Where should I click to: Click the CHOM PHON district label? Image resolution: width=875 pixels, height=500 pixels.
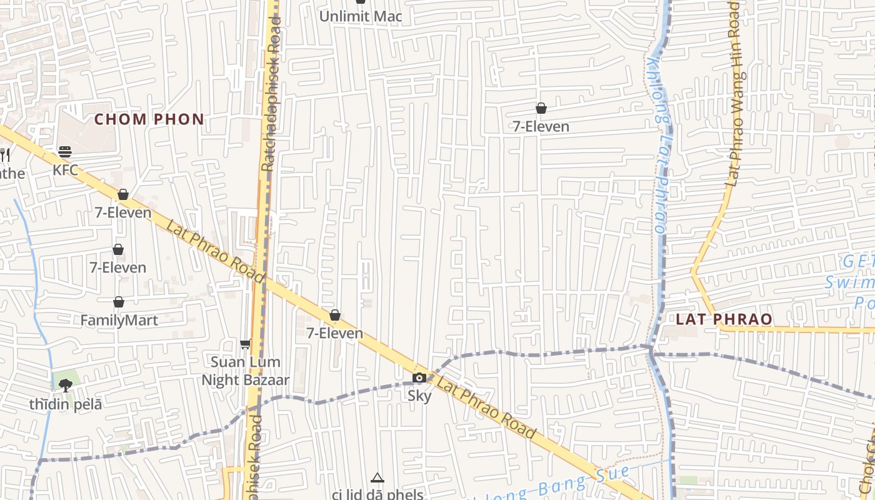(x=149, y=119)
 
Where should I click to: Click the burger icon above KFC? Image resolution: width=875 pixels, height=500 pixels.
(x=65, y=152)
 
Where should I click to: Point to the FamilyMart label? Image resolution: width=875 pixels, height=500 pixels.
(x=119, y=321)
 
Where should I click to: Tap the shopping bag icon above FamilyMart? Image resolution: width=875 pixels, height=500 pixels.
(x=119, y=302)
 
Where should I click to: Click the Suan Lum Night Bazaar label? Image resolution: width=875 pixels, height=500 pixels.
(x=245, y=371)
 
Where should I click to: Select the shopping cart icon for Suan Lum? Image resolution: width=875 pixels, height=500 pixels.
(x=246, y=344)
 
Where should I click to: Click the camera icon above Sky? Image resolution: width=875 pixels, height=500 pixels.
(x=419, y=377)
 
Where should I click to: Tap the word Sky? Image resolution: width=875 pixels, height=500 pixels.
(x=419, y=396)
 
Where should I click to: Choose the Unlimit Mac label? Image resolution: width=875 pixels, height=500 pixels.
(x=361, y=16)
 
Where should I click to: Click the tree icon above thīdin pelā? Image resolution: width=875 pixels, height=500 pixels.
(x=66, y=385)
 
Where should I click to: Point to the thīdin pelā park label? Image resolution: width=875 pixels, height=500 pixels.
(x=66, y=404)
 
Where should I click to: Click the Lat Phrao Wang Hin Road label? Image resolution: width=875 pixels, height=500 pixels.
(x=735, y=94)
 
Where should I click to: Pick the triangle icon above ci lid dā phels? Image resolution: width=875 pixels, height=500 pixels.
(x=377, y=478)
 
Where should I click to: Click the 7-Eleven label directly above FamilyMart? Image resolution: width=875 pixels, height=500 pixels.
(x=117, y=268)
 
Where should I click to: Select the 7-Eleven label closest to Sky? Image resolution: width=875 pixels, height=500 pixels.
(x=335, y=333)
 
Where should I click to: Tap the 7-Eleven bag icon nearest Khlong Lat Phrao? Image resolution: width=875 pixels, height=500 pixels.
(x=541, y=109)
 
